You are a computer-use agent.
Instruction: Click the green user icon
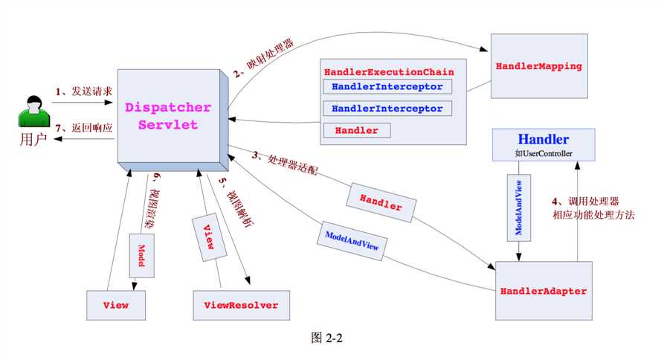coord(34,112)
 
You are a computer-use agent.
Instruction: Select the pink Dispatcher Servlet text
coord(168,115)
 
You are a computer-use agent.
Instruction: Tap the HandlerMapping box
coord(539,66)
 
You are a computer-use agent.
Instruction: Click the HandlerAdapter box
coord(544,291)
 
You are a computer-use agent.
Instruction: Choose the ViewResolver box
coord(242,305)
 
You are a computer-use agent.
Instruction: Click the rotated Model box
coord(141,255)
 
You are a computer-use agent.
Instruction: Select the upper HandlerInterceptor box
coord(387,86)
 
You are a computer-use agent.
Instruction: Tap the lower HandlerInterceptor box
coord(387,109)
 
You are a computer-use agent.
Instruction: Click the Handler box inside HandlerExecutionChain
coord(357,130)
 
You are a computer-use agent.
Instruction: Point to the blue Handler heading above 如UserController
coord(544,139)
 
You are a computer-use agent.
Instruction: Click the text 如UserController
coord(544,153)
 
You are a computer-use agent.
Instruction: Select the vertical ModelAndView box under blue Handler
coord(519,208)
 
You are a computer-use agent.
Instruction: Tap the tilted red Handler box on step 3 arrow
coord(381,202)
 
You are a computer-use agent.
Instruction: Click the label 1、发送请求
coord(84,91)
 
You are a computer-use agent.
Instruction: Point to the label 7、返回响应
coord(84,127)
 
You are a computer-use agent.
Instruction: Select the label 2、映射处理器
coord(263,58)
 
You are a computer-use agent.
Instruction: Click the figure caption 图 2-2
coord(326,338)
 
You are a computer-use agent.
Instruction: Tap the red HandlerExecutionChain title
coord(389,72)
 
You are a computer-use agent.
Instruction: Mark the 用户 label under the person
coord(33,139)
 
